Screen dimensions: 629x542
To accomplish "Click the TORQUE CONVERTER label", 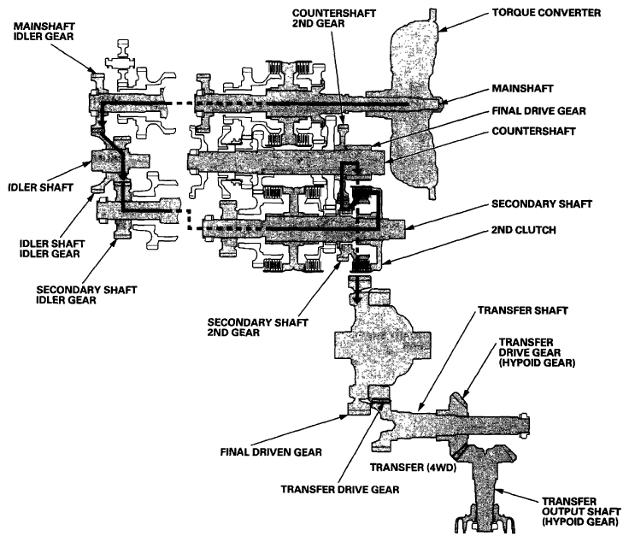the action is (x=546, y=13).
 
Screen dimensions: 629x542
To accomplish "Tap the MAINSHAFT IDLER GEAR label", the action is (x=44, y=32).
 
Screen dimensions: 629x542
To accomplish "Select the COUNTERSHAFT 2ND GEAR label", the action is (x=334, y=19).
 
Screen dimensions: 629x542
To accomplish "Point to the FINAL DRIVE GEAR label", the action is (x=538, y=111).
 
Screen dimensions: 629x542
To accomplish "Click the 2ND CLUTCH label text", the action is (x=524, y=230).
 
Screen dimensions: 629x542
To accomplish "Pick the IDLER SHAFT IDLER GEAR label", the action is (x=52, y=249).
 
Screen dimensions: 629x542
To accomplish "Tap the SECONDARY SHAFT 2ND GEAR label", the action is (x=257, y=327).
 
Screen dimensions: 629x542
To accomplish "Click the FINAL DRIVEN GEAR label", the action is (x=271, y=452).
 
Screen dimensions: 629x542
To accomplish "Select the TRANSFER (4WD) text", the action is (x=413, y=468).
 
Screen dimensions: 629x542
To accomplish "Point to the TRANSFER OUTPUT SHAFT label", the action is (x=581, y=511).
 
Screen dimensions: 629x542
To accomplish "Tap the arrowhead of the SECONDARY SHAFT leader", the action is (x=409, y=227).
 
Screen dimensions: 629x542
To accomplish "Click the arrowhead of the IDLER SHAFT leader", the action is (x=87, y=163).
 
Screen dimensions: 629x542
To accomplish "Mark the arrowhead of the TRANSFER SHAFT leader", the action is (x=420, y=407).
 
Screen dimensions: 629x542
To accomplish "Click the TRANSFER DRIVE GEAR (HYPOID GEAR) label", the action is (x=537, y=352).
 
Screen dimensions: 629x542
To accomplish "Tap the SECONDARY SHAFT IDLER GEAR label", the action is (x=86, y=295).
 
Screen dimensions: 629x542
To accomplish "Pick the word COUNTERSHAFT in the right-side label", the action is (x=533, y=132).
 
